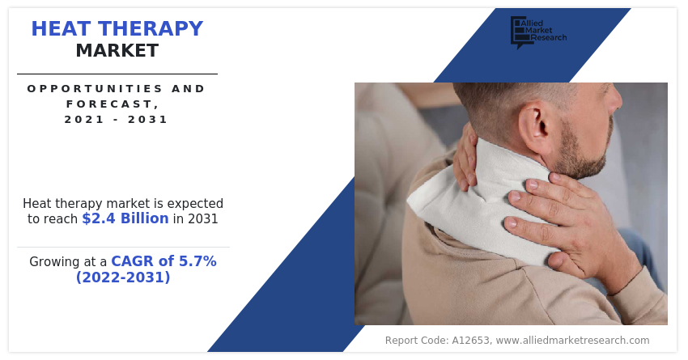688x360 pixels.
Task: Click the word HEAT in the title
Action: pos(62,29)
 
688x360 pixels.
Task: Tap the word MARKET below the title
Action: pos(117,51)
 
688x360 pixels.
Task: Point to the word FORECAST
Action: pos(113,104)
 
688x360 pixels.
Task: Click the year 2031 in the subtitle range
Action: pos(148,120)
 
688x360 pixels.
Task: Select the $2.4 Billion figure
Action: pos(125,218)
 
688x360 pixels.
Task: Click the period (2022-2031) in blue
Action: pos(123,277)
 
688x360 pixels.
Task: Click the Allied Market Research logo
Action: pos(538,32)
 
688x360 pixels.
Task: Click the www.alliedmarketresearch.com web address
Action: pos(572,341)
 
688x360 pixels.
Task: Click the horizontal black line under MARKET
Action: pos(117,74)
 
